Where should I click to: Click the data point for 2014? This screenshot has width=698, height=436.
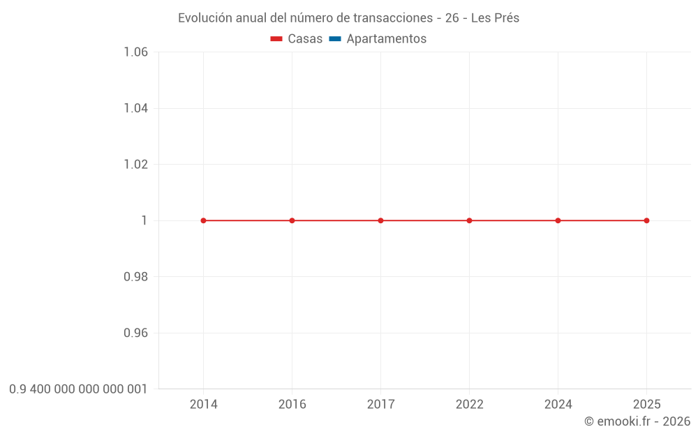coord(203,220)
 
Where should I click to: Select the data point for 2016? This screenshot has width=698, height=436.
coord(292,220)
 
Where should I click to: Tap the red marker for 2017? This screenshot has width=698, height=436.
coord(380,220)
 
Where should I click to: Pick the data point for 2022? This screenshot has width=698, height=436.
coord(469,220)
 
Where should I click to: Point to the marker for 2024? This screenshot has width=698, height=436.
coord(558,220)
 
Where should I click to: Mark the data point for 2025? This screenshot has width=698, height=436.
coord(646,220)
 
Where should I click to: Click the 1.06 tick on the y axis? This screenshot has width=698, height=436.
coord(135,52)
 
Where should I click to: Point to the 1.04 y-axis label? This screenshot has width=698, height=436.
coord(135,108)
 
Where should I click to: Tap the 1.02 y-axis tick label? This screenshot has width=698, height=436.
coord(135,165)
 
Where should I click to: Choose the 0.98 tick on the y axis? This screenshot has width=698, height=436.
coord(135,277)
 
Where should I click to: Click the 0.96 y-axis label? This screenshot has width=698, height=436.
coord(135,333)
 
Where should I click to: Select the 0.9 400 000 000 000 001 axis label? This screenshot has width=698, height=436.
coord(78,389)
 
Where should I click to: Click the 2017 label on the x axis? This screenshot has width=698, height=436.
coord(380,405)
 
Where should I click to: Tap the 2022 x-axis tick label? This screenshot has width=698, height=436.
coord(469,405)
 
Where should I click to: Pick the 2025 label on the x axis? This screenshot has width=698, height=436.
coord(646,405)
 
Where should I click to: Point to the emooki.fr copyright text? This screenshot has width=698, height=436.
coord(637,421)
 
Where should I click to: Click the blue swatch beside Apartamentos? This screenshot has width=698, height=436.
coord(334,39)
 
